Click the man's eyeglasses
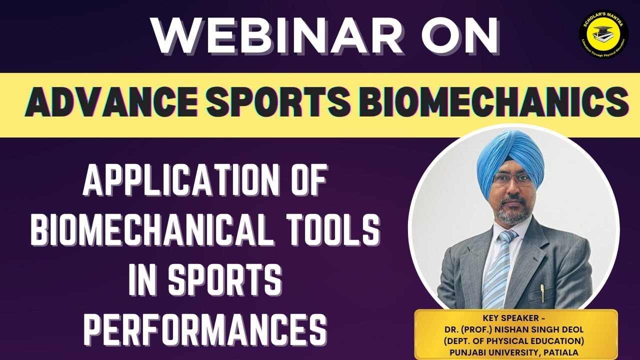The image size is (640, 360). click(x=512, y=179)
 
